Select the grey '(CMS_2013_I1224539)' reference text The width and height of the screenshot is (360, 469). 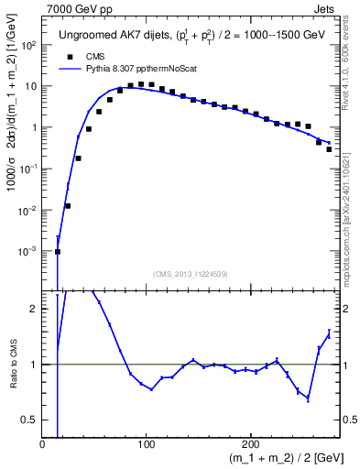pos(191,273)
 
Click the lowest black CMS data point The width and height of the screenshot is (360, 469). pos(58,252)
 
